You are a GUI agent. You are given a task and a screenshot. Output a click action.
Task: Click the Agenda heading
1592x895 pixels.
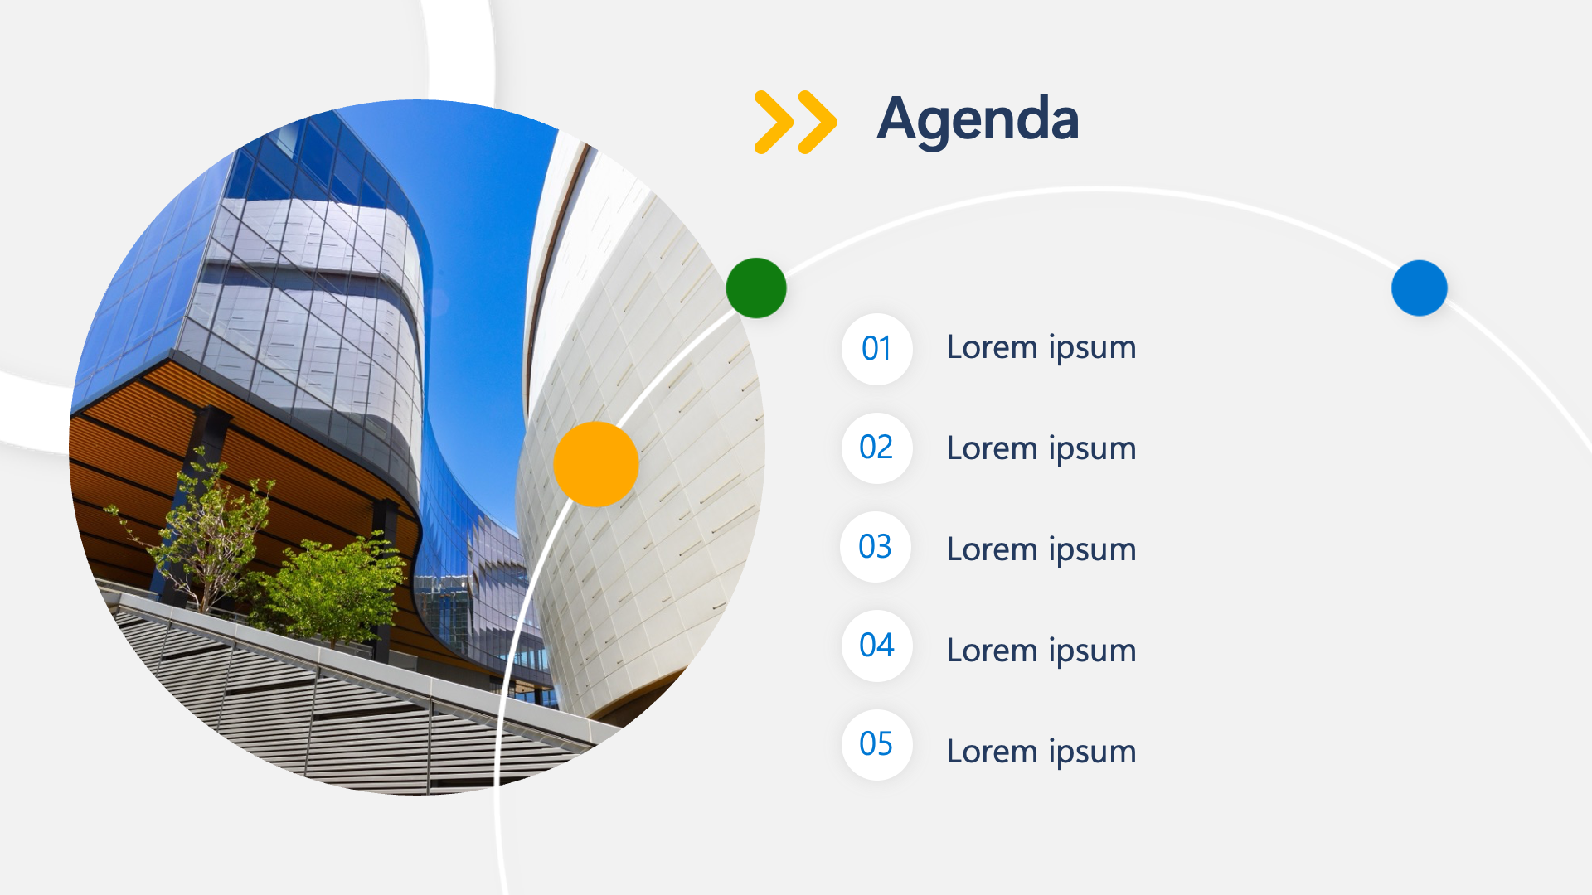[978, 121]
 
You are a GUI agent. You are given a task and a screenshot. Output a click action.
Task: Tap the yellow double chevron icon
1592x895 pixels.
[795, 122]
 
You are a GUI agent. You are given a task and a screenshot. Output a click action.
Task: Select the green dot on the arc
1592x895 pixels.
[756, 288]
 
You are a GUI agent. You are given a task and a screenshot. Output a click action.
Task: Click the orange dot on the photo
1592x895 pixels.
[596, 464]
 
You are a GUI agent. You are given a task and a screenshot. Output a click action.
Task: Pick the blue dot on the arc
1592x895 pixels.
[1420, 288]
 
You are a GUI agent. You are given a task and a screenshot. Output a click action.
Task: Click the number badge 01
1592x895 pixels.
[876, 349]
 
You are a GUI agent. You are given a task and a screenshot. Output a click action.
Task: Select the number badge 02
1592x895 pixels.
[876, 447]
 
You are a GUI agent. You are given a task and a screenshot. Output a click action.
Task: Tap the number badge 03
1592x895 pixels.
[876, 547]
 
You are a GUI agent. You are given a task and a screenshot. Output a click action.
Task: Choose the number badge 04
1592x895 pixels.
[876, 646]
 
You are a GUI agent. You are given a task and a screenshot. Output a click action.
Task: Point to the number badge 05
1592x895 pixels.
[876, 744]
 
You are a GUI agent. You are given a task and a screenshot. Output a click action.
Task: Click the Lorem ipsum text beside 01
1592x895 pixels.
[1041, 348]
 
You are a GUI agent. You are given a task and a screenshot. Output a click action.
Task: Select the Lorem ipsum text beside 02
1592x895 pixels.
[1041, 449]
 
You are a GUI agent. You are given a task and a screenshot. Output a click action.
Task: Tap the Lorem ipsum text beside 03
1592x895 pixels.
[1041, 550]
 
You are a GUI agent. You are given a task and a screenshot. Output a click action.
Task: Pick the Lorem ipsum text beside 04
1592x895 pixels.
[1041, 651]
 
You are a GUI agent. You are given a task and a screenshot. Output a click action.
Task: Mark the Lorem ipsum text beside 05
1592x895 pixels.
[1041, 752]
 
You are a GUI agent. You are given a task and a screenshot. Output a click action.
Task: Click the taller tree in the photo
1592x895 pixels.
[199, 530]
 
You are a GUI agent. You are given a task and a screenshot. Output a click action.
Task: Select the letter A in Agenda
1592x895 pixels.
[899, 119]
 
